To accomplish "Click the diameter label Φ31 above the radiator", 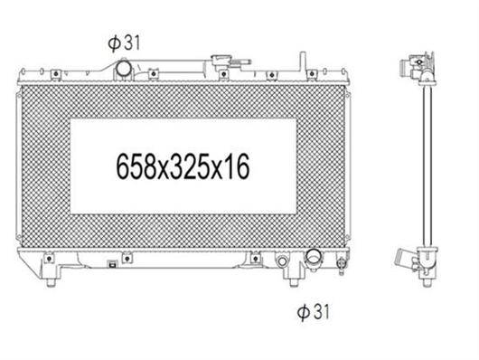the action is click(x=124, y=43).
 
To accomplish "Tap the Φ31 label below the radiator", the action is click(x=314, y=312).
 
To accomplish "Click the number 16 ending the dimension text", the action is click(x=238, y=166).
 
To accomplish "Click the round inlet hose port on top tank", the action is click(x=124, y=69).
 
